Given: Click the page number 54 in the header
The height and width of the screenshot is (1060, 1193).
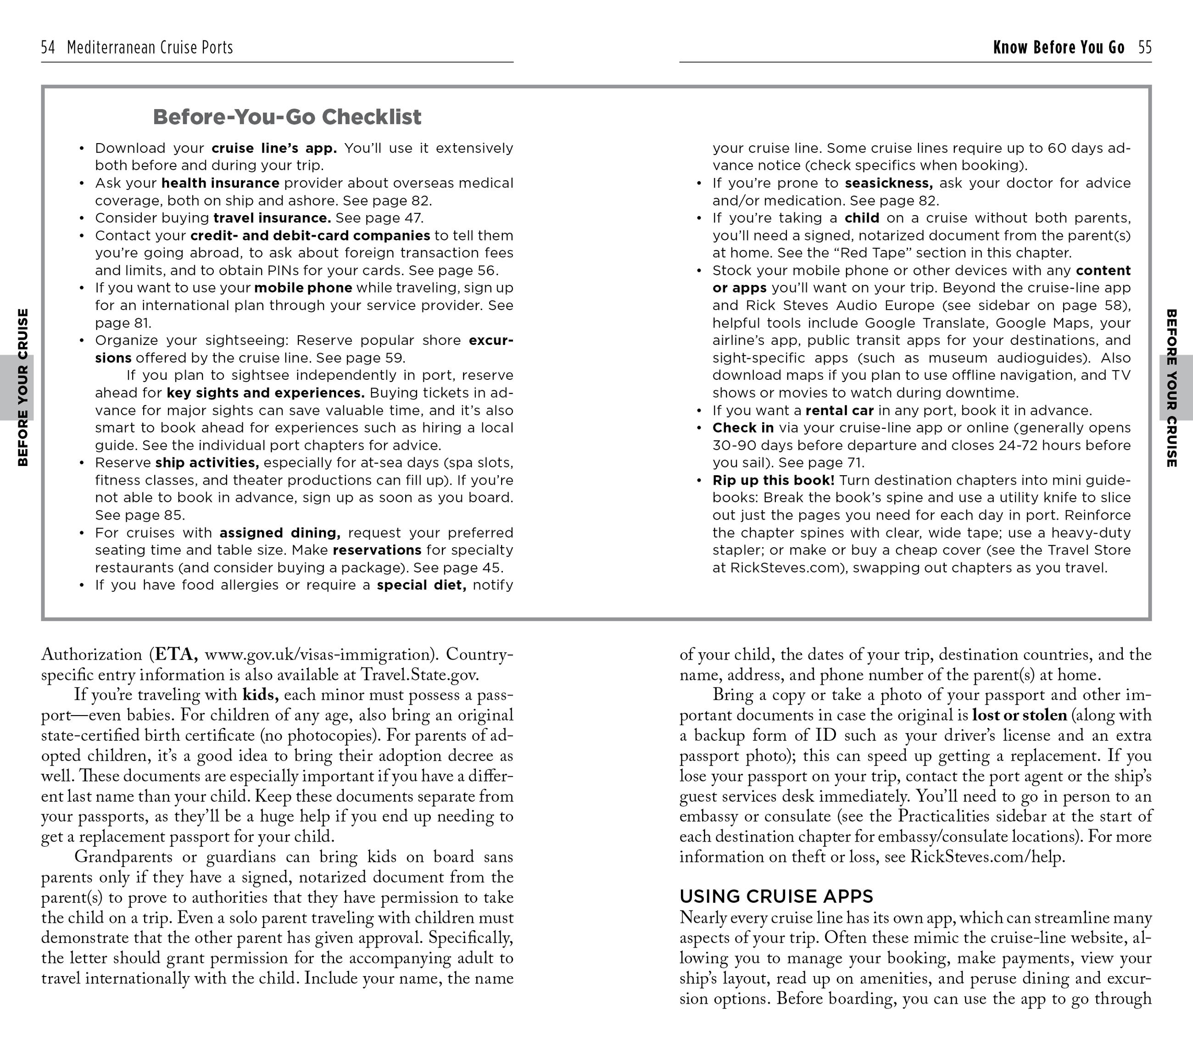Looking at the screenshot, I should (48, 47).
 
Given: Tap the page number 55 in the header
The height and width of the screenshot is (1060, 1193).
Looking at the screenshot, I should (1144, 47).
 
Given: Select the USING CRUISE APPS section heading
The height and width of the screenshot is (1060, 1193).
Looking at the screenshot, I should (776, 896).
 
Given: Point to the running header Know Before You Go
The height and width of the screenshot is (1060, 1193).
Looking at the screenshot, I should (1058, 47).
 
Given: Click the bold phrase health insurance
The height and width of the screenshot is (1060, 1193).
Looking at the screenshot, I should (220, 183).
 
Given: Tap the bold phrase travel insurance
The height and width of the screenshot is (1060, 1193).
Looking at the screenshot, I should (272, 218).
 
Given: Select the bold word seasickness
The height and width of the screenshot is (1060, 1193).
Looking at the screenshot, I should (888, 183).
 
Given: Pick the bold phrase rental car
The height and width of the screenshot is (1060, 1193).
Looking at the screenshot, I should (839, 411).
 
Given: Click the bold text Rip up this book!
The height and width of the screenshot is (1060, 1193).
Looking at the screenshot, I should (773, 481).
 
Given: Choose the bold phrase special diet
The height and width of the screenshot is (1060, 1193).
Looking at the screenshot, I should (421, 585).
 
